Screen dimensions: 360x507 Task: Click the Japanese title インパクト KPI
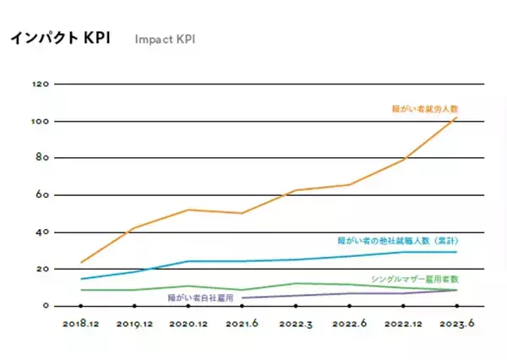(x=60, y=39)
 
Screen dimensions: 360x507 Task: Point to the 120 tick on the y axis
(x=40, y=85)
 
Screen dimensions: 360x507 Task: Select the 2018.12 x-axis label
(x=81, y=323)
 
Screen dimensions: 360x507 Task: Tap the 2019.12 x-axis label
(x=135, y=323)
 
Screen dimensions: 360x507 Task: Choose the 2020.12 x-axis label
(x=188, y=323)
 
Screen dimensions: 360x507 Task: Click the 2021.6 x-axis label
(x=242, y=323)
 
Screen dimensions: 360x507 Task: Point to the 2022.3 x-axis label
(x=296, y=323)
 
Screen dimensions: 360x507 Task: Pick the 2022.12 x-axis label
(x=403, y=323)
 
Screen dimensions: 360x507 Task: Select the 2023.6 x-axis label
(x=456, y=323)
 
